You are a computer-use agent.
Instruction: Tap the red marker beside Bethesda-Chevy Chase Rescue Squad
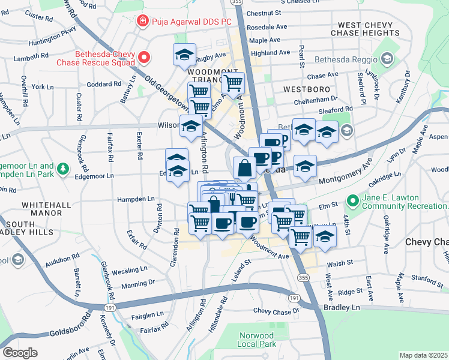[145, 57]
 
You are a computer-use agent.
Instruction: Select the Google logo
[20, 352]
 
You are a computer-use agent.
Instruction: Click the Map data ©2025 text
[423, 355]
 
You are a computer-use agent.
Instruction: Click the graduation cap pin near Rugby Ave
[184, 55]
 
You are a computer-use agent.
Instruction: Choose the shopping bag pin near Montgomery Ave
[245, 168]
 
